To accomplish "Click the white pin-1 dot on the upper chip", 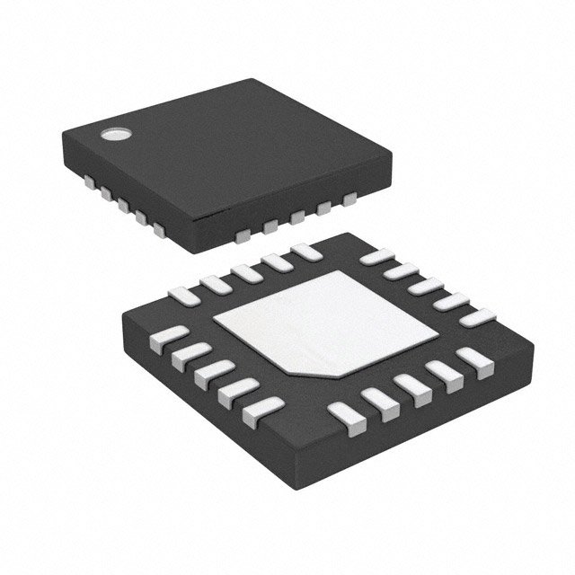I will [x=115, y=136].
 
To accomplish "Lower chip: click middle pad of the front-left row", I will [x=212, y=376].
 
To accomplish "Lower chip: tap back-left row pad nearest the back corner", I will [x=305, y=253].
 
